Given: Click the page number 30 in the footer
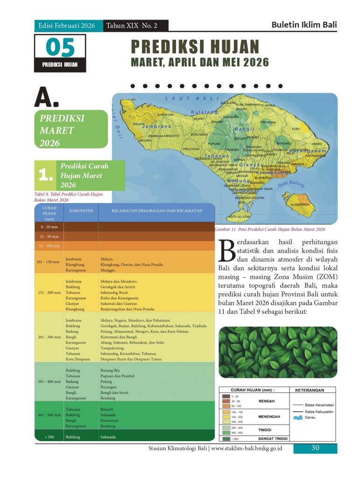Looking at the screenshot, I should pos(315,448).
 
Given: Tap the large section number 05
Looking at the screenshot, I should pos(60,48).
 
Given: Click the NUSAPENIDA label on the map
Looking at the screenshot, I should pos(300,204).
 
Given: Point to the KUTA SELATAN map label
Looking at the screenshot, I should pos(239,217).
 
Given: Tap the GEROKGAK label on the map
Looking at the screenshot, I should pos(165,115).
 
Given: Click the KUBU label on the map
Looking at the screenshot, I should pos(296,129).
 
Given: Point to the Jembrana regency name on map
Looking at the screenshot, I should pos(156,127).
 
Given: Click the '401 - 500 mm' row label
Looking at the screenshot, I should pos(49,415).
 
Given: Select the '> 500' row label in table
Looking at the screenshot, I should pos(49,437).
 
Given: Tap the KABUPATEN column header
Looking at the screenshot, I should pos(82,211).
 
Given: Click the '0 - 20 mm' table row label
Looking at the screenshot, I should pos(49,227).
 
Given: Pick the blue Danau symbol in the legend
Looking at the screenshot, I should pos(297,417).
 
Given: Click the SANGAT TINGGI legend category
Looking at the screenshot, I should pos(273,439).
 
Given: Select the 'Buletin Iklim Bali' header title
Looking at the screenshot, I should pos(304,25).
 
